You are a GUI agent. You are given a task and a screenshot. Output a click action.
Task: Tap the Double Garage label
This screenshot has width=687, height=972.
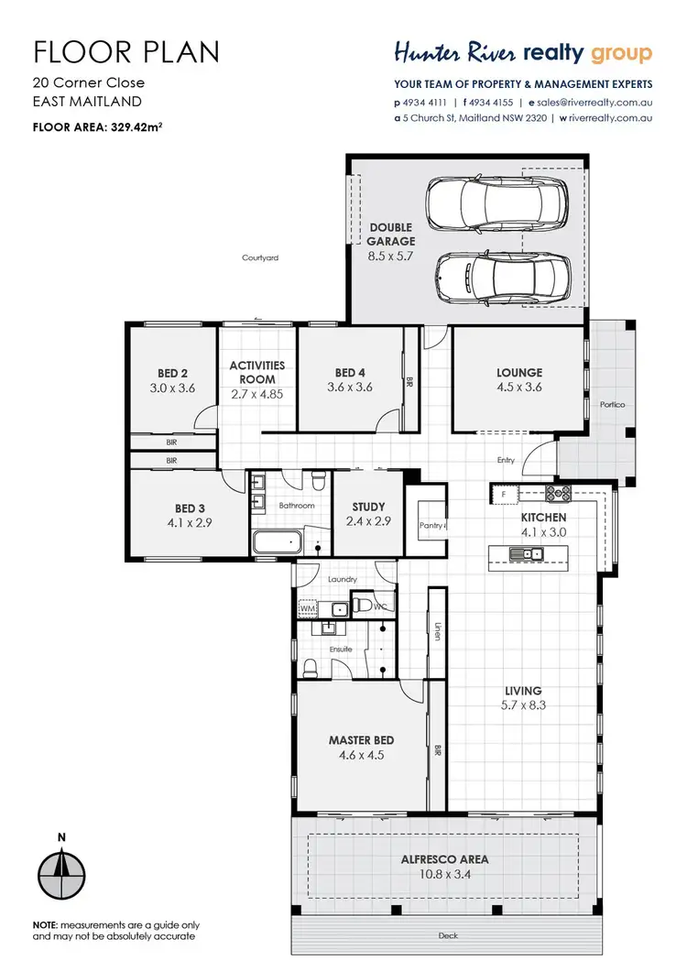pos(391,234)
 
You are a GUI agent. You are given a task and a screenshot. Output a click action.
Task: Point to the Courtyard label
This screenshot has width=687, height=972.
pos(260,258)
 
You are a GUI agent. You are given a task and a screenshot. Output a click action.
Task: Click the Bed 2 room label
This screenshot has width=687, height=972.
pos(172,373)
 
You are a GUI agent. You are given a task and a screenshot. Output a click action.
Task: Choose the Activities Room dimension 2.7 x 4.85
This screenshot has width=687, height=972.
pos(256,394)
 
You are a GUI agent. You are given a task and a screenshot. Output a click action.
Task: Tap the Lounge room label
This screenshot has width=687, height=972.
pos(519,373)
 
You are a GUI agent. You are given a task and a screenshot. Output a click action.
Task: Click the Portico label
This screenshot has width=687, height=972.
pos(613,403)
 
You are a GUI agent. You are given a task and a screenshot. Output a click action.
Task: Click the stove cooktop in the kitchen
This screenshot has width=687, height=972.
pos(558,495)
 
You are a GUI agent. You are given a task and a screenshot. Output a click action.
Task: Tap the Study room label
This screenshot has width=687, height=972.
pos(368,507)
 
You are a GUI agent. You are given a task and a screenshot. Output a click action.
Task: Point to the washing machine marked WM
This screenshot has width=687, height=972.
pos(307,607)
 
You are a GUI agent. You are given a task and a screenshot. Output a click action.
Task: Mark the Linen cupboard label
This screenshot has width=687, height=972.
pos(438,632)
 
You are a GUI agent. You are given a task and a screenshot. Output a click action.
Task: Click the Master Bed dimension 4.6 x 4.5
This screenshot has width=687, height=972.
pos(361,756)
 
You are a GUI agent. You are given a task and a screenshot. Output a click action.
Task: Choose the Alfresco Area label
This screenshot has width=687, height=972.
pos(445,859)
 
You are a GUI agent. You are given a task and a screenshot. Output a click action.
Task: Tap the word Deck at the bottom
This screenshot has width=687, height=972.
pos(448,935)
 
